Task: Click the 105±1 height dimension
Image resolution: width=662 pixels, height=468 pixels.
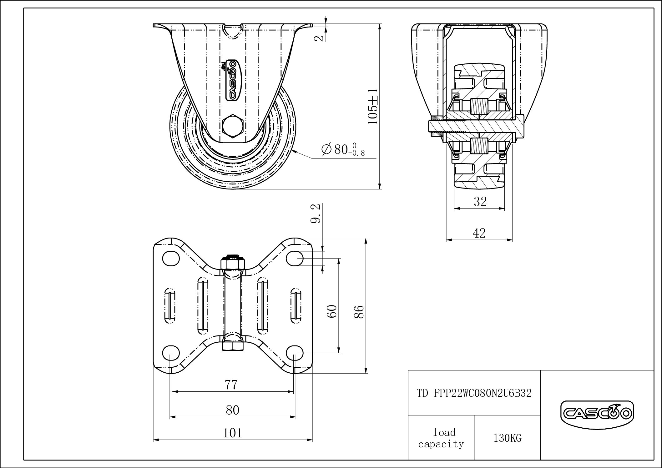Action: (x=373, y=106)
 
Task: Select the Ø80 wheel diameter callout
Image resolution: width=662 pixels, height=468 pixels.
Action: (x=343, y=149)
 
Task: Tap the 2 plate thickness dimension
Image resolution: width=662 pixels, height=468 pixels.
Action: (x=319, y=38)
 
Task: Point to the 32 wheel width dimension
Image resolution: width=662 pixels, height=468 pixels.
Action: (x=480, y=202)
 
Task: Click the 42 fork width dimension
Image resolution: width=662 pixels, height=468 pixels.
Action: (x=479, y=233)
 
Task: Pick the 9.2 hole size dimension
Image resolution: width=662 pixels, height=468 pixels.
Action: (x=316, y=214)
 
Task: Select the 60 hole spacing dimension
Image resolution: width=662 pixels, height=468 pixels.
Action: (x=333, y=311)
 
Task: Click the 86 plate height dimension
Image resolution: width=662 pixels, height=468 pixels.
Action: (x=360, y=311)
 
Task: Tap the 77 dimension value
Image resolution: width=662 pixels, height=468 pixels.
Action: (x=231, y=385)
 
